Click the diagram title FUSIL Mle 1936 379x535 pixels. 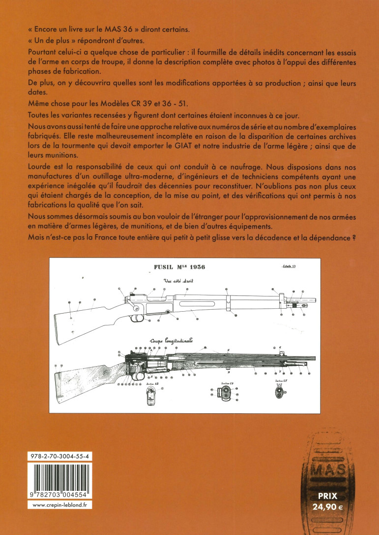[x=179, y=267]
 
